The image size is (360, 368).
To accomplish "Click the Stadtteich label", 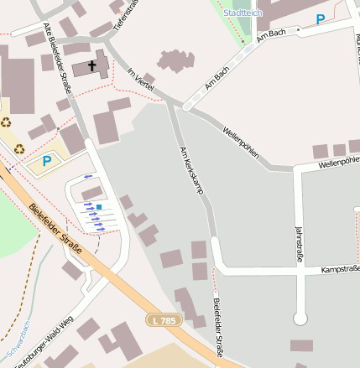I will pos(243,13).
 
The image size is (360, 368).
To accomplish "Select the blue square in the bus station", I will pos(99,206).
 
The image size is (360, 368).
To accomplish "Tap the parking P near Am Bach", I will pos(320,18).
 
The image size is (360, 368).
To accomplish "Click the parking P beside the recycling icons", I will pos(47,160).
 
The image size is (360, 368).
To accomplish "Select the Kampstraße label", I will pos(340,269).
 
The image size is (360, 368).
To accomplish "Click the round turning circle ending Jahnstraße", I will pos(300,319).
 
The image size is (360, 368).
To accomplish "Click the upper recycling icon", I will pos(7,122).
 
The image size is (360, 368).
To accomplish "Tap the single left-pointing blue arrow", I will pos(89,177).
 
